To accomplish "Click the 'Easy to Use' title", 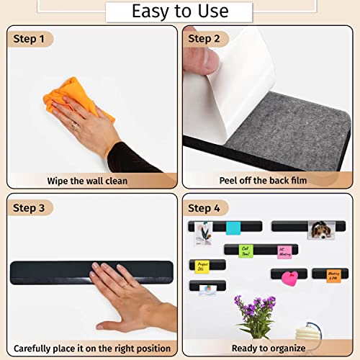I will coord(179,12).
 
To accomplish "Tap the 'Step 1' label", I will coord(28,38).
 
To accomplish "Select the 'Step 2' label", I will coord(204,38).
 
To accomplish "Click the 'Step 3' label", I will coord(28,208).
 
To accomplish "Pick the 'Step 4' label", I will coord(204,208).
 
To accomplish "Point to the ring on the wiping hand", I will coord(74,127).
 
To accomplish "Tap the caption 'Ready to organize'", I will coord(269,348).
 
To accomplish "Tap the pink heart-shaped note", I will coord(289,276).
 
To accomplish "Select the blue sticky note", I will coord(233,228).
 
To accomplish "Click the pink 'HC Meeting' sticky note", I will coord(285,252).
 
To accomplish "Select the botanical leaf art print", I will coord(202,233).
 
